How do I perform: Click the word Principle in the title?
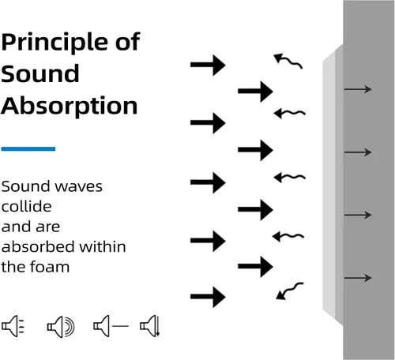(x=55, y=43)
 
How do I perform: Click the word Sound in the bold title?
(x=40, y=73)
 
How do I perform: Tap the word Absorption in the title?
(x=70, y=107)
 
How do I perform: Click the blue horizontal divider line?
(x=28, y=149)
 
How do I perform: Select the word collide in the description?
(x=26, y=206)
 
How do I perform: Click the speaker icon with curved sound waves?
(x=61, y=327)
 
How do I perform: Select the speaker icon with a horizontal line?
(x=111, y=326)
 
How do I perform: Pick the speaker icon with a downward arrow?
(x=150, y=326)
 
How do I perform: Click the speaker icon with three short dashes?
(x=13, y=326)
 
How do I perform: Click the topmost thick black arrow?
(x=208, y=65)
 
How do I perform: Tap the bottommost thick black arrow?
(x=208, y=297)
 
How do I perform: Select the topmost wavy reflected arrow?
(x=289, y=61)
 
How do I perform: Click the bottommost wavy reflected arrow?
(x=291, y=290)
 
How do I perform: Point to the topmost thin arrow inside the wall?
(x=358, y=89)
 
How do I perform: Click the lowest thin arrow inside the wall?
(x=358, y=278)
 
